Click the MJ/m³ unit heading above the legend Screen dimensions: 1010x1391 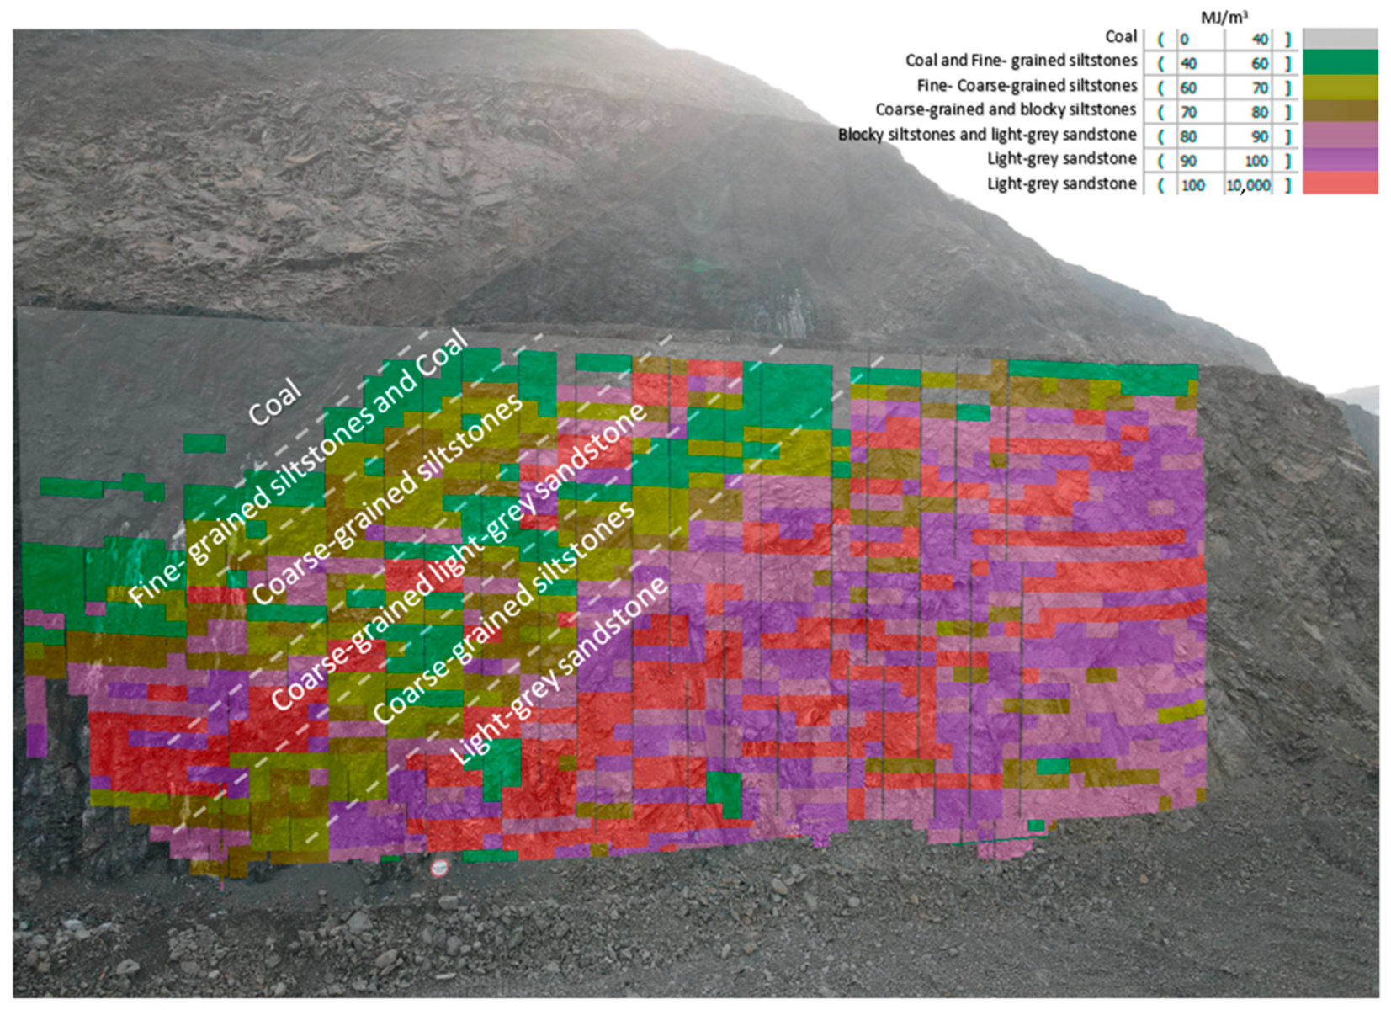1224,17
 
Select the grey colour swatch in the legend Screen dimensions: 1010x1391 1340,38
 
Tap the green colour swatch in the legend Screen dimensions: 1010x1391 1340,62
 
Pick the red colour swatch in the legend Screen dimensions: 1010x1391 1340,183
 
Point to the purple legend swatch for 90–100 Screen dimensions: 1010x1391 1340,160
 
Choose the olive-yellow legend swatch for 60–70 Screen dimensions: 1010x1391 1340,87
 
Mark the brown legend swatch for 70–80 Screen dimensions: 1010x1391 1340,111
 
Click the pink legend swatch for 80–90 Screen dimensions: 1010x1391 1340,136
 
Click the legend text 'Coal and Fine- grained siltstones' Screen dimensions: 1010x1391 1021,61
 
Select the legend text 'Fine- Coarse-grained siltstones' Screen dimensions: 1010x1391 1027,86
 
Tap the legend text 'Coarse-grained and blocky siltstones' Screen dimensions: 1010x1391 1006,109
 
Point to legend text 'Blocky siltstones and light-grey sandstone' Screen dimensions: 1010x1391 987,135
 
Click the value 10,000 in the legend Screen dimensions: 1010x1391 1248,185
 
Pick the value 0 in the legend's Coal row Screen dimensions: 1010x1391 1185,39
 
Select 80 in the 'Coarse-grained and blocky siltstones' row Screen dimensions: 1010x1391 1259,112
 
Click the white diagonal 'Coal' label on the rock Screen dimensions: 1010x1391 274,401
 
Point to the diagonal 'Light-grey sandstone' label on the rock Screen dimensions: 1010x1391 560,671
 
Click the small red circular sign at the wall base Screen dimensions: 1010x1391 439,867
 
